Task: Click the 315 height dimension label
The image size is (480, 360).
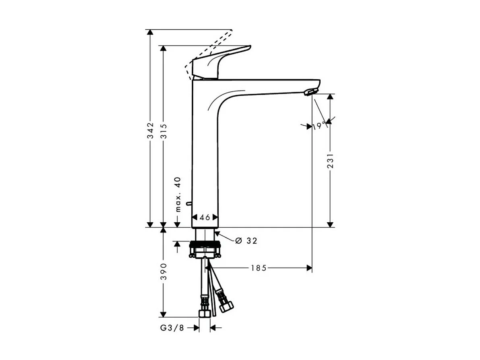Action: coord(163,131)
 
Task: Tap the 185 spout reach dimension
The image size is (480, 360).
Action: coord(259,268)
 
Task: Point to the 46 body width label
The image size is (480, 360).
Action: coord(205,217)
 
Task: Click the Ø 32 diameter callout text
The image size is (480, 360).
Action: coord(246,241)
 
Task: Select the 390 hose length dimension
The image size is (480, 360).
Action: coord(163,272)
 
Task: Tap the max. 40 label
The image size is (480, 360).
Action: coord(178,194)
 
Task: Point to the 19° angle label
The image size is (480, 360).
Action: coord(319,126)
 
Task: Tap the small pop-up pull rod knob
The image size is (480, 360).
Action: coord(188,204)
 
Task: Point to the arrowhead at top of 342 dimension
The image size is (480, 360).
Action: coord(150,33)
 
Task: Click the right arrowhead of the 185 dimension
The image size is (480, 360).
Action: coord(309,268)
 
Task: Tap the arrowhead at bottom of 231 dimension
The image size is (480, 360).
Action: coord(330,224)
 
